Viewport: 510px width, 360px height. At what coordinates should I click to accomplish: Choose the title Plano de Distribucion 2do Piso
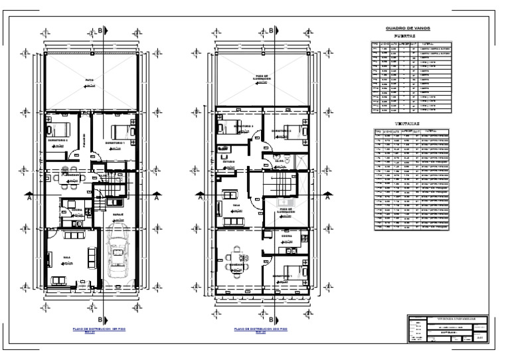pyautogui.click(x=260, y=329)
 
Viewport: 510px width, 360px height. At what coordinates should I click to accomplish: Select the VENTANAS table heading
pyautogui.click(x=406, y=123)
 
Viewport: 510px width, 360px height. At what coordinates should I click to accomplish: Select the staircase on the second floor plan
pyautogui.click(x=279, y=183)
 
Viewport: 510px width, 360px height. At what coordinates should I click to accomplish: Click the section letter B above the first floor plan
pyautogui.click(x=100, y=31)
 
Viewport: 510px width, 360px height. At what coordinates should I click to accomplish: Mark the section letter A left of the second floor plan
pyautogui.click(x=199, y=197)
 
